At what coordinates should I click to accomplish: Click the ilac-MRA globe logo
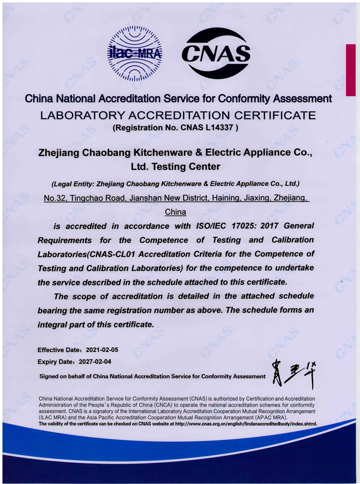pyautogui.click(x=134, y=53)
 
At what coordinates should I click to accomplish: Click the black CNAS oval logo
pyautogui.click(x=216, y=53)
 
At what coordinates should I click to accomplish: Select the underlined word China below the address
pyautogui.click(x=175, y=211)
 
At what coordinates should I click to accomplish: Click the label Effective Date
pyautogui.click(x=58, y=350)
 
